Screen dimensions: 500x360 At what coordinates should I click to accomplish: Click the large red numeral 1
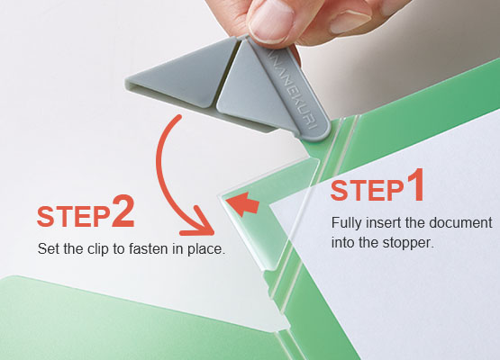(414, 185)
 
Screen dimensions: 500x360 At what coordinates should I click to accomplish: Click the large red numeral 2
(123, 211)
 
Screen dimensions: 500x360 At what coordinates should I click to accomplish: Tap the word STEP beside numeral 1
(368, 191)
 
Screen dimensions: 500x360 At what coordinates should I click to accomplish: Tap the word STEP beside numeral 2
(74, 217)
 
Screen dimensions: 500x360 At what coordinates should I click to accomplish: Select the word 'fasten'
(149, 248)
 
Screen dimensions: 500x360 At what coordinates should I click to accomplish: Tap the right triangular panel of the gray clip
(251, 90)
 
